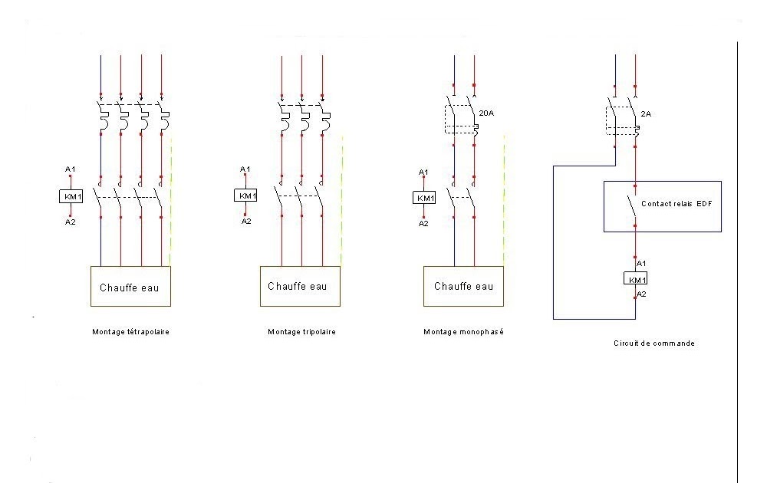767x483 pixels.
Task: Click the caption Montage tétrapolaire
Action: [x=130, y=332]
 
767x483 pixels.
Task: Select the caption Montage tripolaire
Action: [x=301, y=332]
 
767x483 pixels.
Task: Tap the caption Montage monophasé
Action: [x=463, y=332]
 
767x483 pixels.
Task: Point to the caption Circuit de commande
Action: [x=654, y=343]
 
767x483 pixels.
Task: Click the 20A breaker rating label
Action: [x=486, y=113]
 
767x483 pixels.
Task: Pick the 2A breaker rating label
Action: [x=646, y=113]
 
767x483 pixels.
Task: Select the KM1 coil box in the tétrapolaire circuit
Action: [x=71, y=196]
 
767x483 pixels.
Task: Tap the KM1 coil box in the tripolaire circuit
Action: [x=246, y=195]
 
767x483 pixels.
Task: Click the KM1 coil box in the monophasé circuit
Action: [x=424, y=198]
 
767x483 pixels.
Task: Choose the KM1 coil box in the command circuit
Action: [x=635, y=278]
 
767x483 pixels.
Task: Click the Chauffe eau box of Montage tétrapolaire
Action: [x=130, y=287]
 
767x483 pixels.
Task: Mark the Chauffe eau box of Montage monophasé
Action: [x=463, y=286]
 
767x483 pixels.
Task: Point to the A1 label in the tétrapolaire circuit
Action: [x=71, y=169]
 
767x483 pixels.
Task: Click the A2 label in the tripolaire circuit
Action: [x=246, y=222]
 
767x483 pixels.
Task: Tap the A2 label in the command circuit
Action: [x=642, y=294]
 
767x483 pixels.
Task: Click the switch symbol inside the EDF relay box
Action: [x=631, y=205]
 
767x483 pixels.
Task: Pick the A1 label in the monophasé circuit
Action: [x=423, y=172]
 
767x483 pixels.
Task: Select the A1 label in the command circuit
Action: [x=642, y=263]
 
